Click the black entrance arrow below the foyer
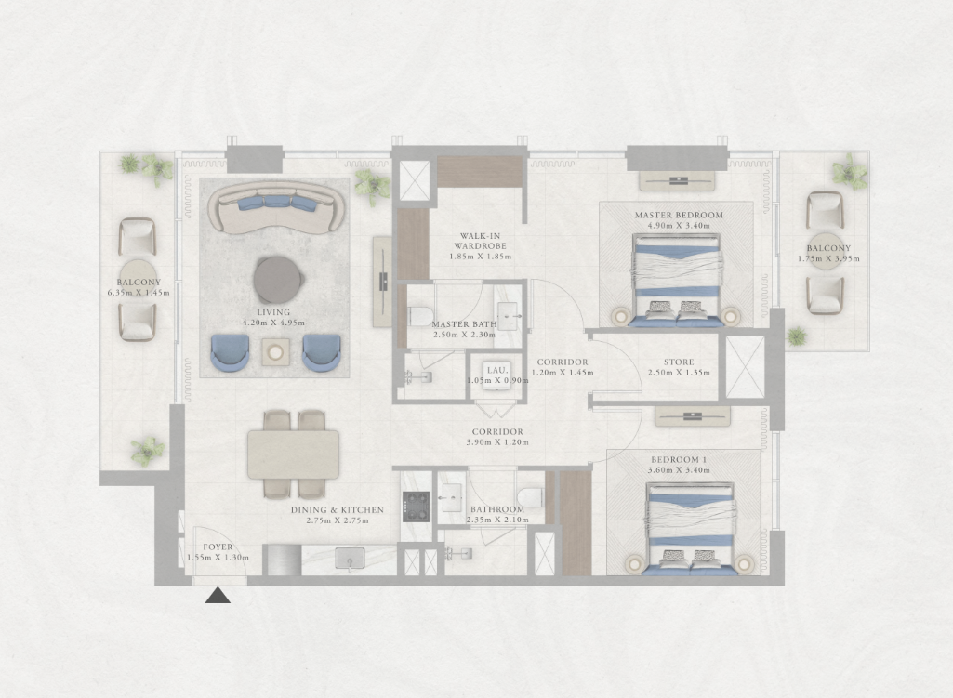(x=218, y=596)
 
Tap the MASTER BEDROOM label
(x=679, y=215)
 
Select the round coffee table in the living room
(x=278, y=280)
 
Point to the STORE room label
(x=679, y=362)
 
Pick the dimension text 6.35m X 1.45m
(x=139, y=293)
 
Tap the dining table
(x=294, y=454)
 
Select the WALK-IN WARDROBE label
(x=480, y=241)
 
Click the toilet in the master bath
(x=418, y=315)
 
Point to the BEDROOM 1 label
(x=679, y=460)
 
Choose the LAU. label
(x=496, y=370)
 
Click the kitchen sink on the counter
(x=350, y=559)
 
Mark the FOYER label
(x=218, y=547)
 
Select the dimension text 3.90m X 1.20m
(x=497, y=442)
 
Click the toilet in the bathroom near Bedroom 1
(x=531, y=496)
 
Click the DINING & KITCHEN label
(x=338, y=510)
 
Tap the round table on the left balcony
(x=138, y=279)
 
